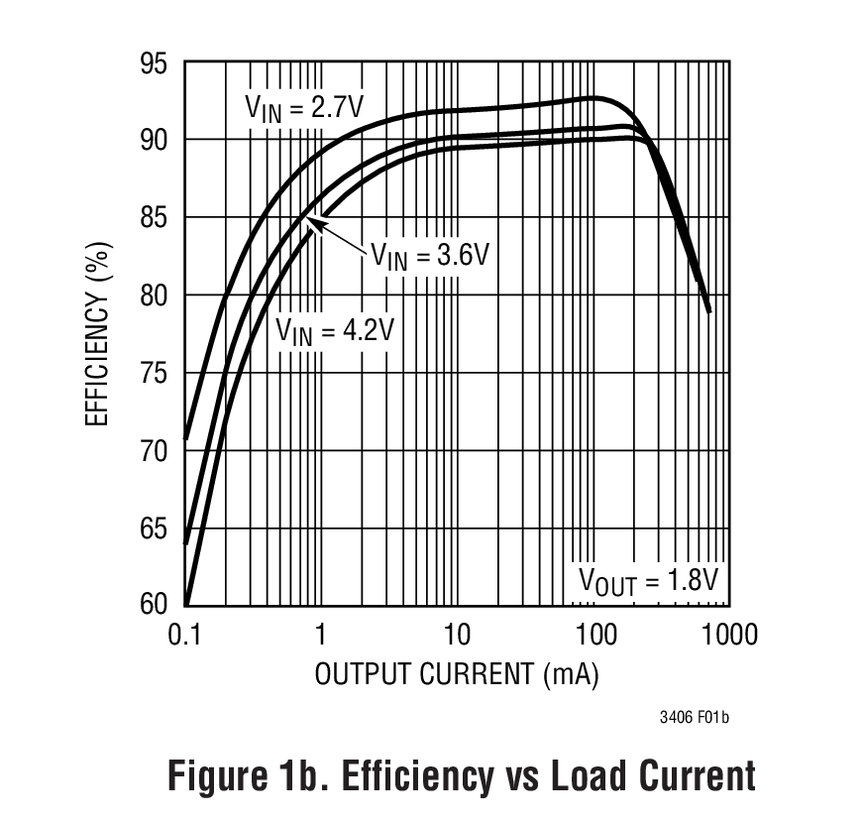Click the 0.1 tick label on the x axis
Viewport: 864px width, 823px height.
[185, 634]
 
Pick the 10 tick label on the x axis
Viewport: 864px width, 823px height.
[457, 634]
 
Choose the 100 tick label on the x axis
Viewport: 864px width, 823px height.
[594, 634]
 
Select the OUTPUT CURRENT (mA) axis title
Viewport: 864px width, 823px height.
[457, 674]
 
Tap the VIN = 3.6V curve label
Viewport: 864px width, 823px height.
[431, 255]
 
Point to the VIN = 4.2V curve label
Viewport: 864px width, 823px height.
[335, 329]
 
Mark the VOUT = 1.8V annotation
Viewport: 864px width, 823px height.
[648, 580]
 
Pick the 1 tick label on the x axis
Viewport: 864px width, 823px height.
[321, 634]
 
